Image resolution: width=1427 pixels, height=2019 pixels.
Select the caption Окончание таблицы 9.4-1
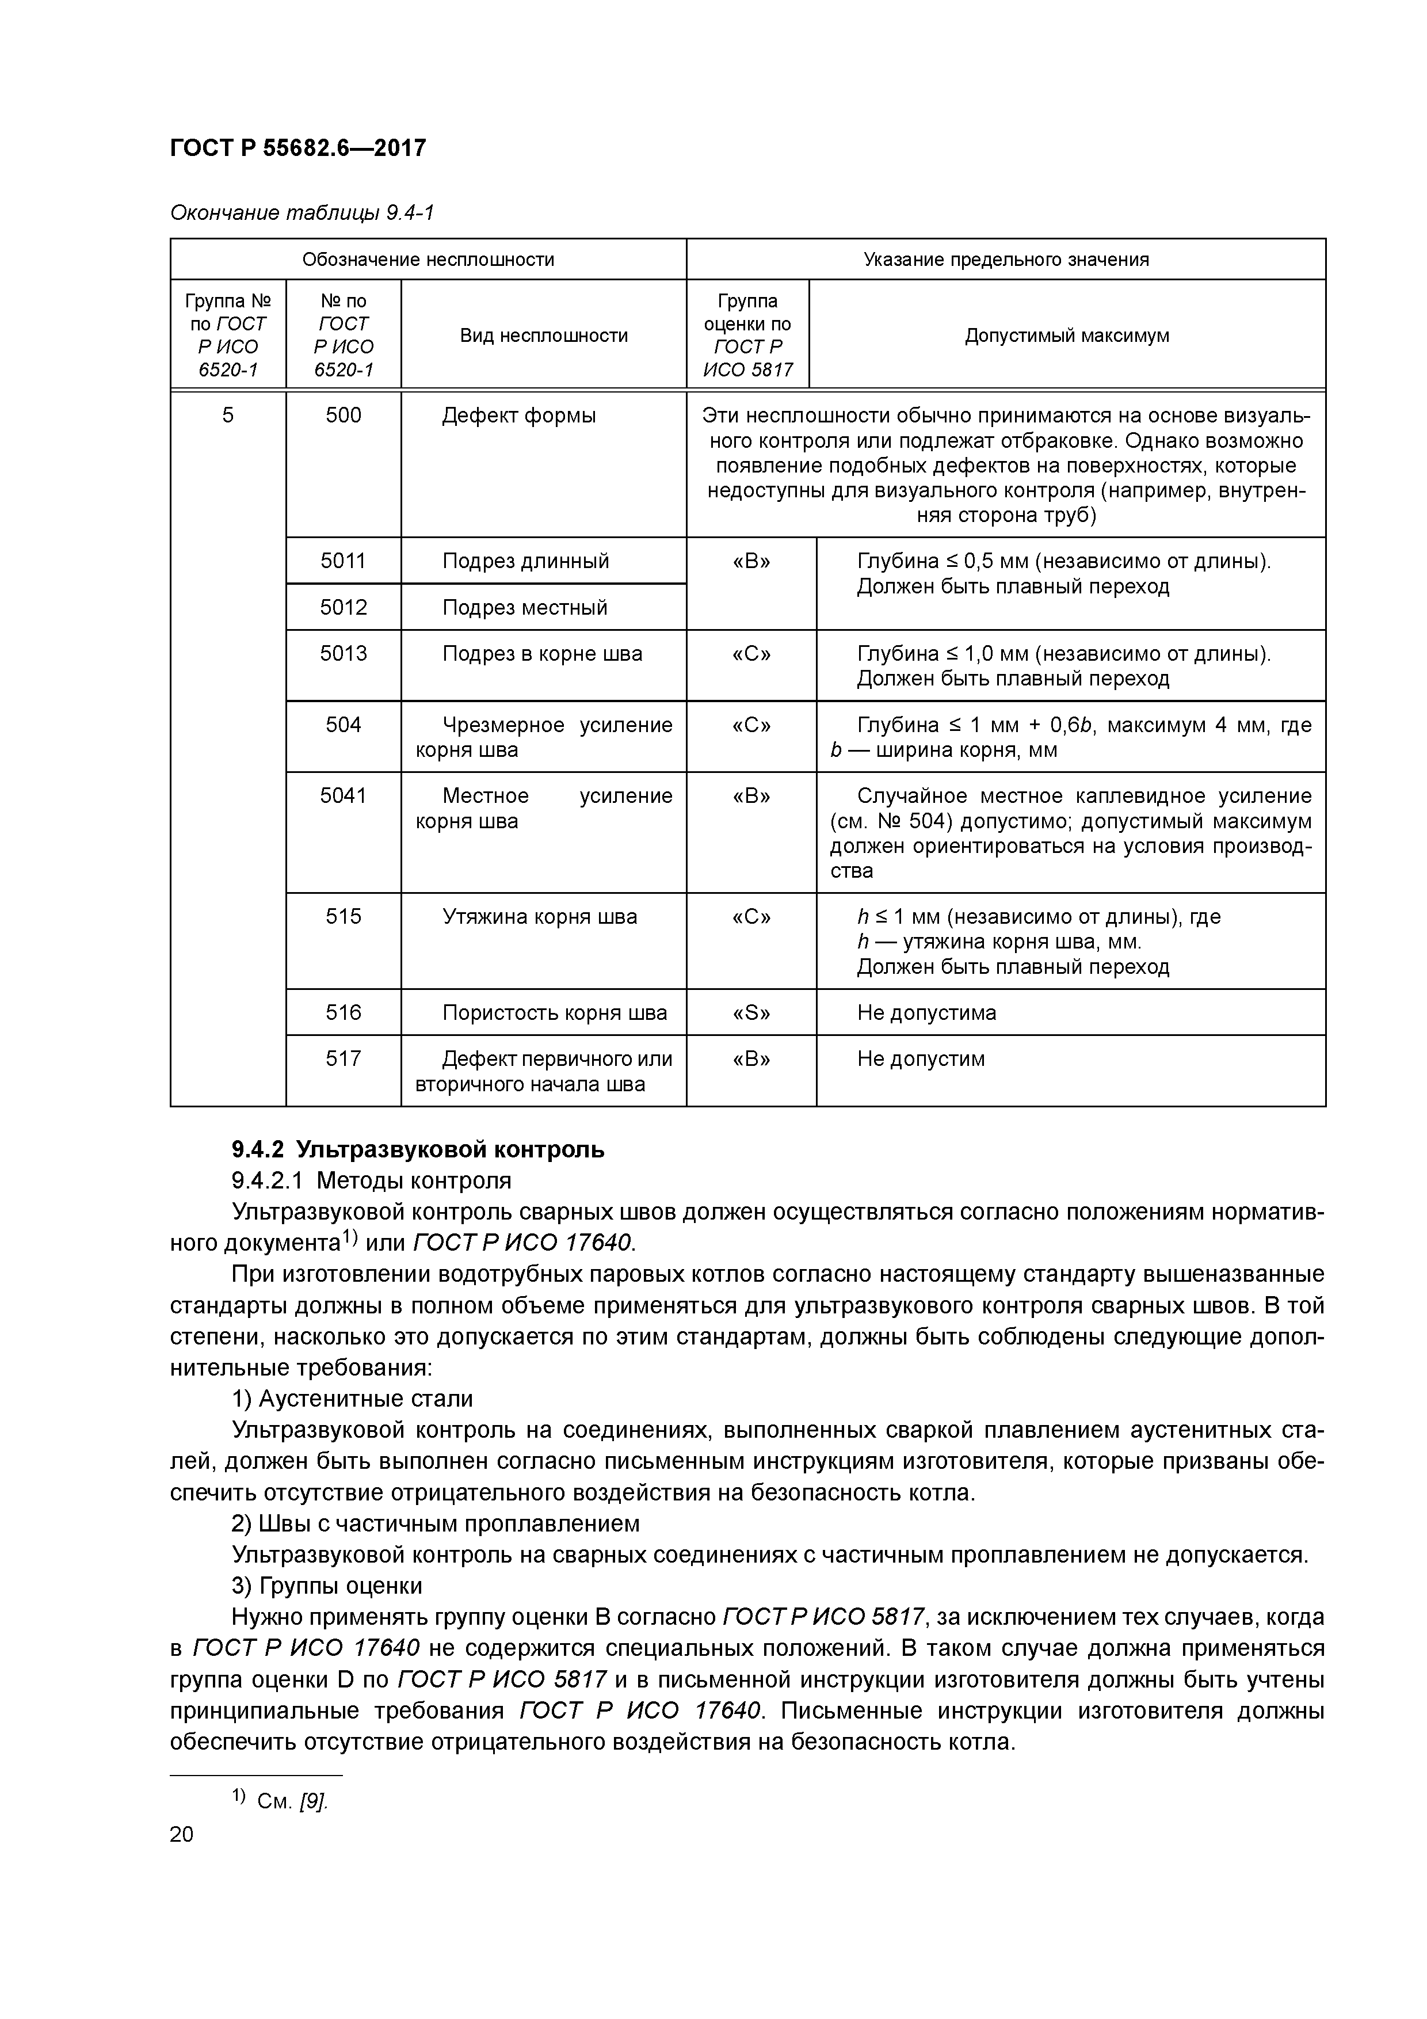click(302, 213)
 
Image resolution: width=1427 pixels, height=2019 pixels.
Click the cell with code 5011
click(343, 561)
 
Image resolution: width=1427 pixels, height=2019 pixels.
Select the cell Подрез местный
click(525, 608)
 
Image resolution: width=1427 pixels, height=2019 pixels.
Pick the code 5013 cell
click(343, 653)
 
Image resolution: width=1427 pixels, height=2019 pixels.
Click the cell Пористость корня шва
click(554, 1012)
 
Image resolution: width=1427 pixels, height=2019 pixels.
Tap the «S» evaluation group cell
click(751, 1012)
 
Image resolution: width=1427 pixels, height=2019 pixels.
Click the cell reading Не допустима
click(927, 1012)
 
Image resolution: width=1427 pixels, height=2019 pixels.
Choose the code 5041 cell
click(343, 796)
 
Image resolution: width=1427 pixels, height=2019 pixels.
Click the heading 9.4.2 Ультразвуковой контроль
click(418, 1149)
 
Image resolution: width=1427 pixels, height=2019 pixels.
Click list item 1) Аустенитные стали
click(352, 1398)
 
